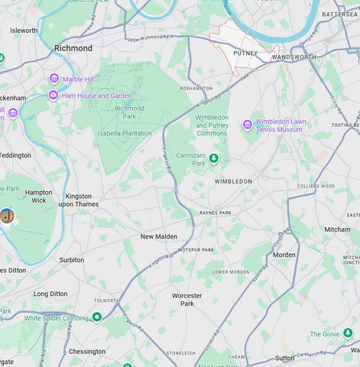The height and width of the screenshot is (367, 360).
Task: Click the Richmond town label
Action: pyautogui.click(x=73, y=48)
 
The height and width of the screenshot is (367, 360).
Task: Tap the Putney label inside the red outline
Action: pyautogui.click(x=245, y=54)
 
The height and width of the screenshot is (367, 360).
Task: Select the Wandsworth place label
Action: pyautogui.click(x=294, y=57)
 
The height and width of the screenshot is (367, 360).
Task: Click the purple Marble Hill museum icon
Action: pyautogui.click(x=54, y=79)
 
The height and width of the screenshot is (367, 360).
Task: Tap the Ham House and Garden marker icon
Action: pyautogui.click(x=53, y=96)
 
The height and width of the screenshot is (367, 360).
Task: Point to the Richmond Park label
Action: pyautogui.click(x=129, y=113)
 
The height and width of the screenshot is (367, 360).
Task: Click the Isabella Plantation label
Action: pyautogui.click(x=125, y=133)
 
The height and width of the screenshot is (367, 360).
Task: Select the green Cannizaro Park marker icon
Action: pyautogui.click(x=214, y=159)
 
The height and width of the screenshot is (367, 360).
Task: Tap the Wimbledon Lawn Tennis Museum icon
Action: pyautogui.click(x=247, y=125)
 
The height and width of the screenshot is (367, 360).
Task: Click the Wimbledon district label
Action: pyautogui.click(x=233, y=181)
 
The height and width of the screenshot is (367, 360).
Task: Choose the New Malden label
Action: pyautogui.click(x=159, y=237)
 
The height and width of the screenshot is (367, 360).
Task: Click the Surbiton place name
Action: pyautogui.click(x=72, y=260)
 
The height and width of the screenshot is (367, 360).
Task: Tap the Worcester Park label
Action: pyautogui.click(x=187, y=299)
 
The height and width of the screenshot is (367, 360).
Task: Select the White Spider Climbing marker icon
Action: pyautogui.click(x=97, y=317)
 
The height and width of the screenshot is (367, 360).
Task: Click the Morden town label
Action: pyautogui.click(x=284, y=255)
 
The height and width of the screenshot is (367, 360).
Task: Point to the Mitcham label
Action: pyautogui.click(x=337, y=229)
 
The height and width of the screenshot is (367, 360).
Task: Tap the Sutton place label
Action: pyautogui.click(x=284, y=358)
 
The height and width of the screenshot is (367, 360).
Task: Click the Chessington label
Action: pyautogui.click(x=87, y=352)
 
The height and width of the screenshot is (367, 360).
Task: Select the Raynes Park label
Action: pyautogui.click(x=215, y=213)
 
